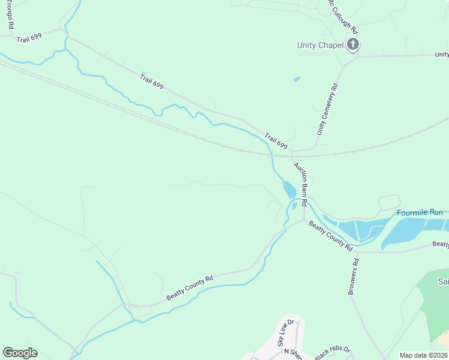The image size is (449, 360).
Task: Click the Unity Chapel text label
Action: click(x=320, y=45)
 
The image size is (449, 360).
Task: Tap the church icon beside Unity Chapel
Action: click(x=353, y=44)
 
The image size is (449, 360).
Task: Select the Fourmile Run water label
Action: click(x=420, y=213)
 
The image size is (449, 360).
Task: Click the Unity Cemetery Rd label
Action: click(x=328, y=109)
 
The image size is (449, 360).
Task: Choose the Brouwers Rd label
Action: click(x=353, y=277)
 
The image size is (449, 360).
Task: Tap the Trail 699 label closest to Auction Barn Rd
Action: click(x=276, y=142)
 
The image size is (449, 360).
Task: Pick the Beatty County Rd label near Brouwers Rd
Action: click(x=331, y=235)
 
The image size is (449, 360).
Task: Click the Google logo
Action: click(x=20, y=353)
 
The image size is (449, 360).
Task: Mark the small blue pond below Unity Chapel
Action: click(x=296, y=79)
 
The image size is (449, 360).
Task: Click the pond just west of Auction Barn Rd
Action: click(x=289, y=190)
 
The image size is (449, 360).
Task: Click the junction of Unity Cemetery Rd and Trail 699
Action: click(x=313, y=149)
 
